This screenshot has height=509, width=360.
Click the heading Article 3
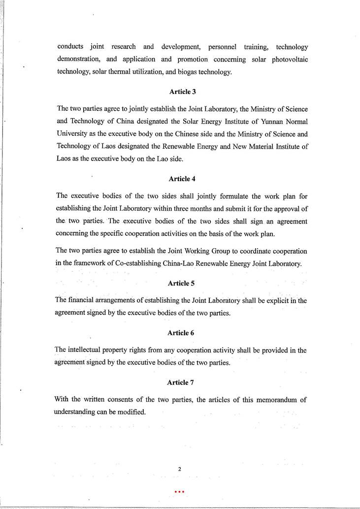pyautogui.click(x=183, y=92)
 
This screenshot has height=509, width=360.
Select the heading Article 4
pyautogui.click(x=183, y=179)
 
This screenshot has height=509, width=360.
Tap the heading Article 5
pyautogui.click(x=182, y=283)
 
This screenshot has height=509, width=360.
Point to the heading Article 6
pyautogui.click(x=182, y=333)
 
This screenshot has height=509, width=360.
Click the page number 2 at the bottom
pyautogui.click(x=180, y=469)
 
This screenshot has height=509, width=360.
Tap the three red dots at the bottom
pyautogui.click(x=179, y=491)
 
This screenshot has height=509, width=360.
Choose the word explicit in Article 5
pyautogui.click(x=277, y=300)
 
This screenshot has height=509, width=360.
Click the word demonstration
pyautogui.click(x=80, y=60)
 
